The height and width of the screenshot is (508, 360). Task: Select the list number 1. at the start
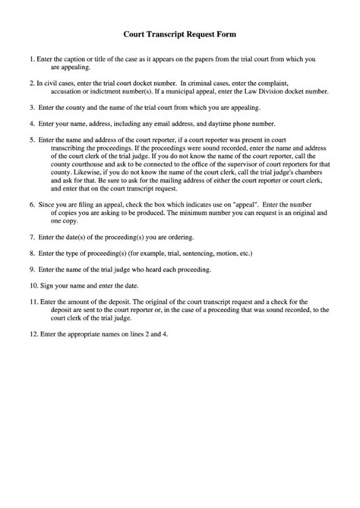[x=31, y=58]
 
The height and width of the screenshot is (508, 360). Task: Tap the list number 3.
[x=31, y=107]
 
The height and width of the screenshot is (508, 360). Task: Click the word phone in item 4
[x=252, y=123]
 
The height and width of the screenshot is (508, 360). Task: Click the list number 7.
[x=31, y=236]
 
